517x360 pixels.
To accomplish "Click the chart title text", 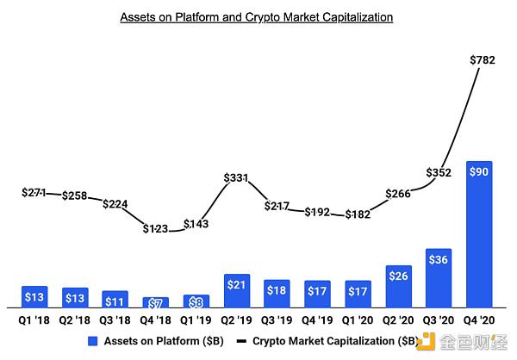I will [x=256, y=16].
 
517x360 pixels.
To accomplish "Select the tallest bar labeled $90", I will [x=481, y=234].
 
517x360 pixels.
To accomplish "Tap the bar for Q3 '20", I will [x=439, y=278].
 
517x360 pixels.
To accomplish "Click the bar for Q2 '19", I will [x=237, y=291].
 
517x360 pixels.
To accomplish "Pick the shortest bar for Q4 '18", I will [x=156, y=302].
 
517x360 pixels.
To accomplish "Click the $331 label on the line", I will [x=237, y=178].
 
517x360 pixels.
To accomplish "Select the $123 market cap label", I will [x=156, y=229].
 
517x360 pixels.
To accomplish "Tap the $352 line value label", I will [x=439, y=173].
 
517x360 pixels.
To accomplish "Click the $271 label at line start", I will [x=34, y=193].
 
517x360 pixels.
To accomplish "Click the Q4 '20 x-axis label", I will [x=481, y=319].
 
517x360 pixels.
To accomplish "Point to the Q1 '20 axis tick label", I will [x=358, y=319].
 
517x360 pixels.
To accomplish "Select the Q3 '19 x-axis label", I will [x=277, y=319].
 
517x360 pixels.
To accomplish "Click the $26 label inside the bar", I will [x=399, y=276].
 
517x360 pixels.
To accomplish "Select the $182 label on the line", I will [x=358, y=214].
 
